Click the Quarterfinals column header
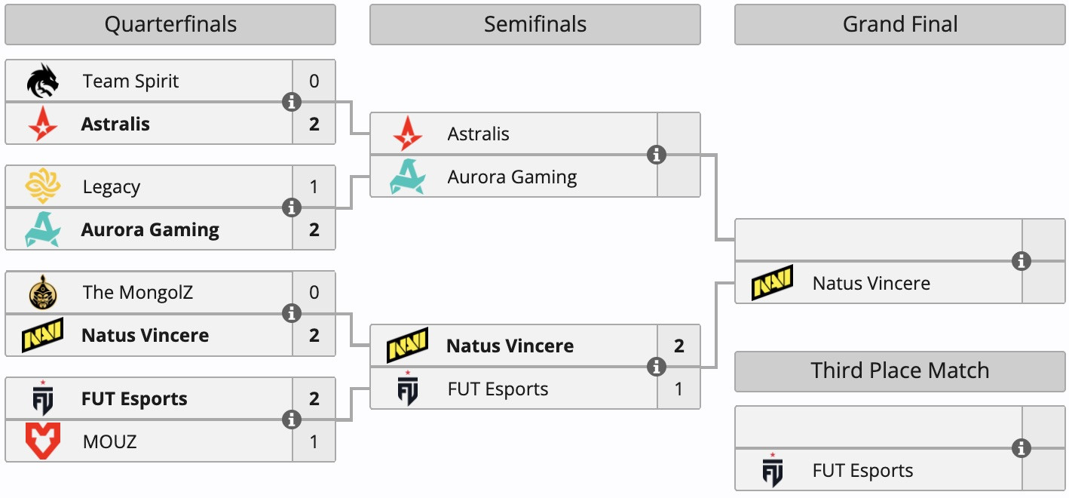pyautogui.click(x=170, y=25)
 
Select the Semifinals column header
pyautogui.click(x=534, y=25)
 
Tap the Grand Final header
pyautogui.click(x=900, y=25)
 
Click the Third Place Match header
pyautogui.click(x=900, y=370)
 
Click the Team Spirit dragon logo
pyautogui.click(x=42, y=81)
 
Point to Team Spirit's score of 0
pyautogui.click(x=314, y=81)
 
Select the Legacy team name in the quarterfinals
pyautogui.click(x=112, y=186)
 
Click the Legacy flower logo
pyautogui.click(x=42, y=186)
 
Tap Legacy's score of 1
pyautogui.click(x=314, y=186)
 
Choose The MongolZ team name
pyautogui.click(x=138, y=292)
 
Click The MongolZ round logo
pyautogui.click(x=42, y=292)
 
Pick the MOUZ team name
pyautogui.click(x=110, y=441)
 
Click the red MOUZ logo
pyautogui.click(x=42, y=441)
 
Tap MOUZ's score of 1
pyautogui.click(x=314, y=441)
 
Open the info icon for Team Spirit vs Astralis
pyautogui.click(x=292, y=102)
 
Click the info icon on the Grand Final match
pyautogui.click(x=1022, y=261)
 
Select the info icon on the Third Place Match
pyautogui.click(x=1022, y=448)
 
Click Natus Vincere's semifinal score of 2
pyautogui.click(x=678, y=346)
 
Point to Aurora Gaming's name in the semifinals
pyautogui.click(x=512, y=177)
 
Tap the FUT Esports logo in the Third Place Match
pyautogui.click(x=772, y=470)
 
